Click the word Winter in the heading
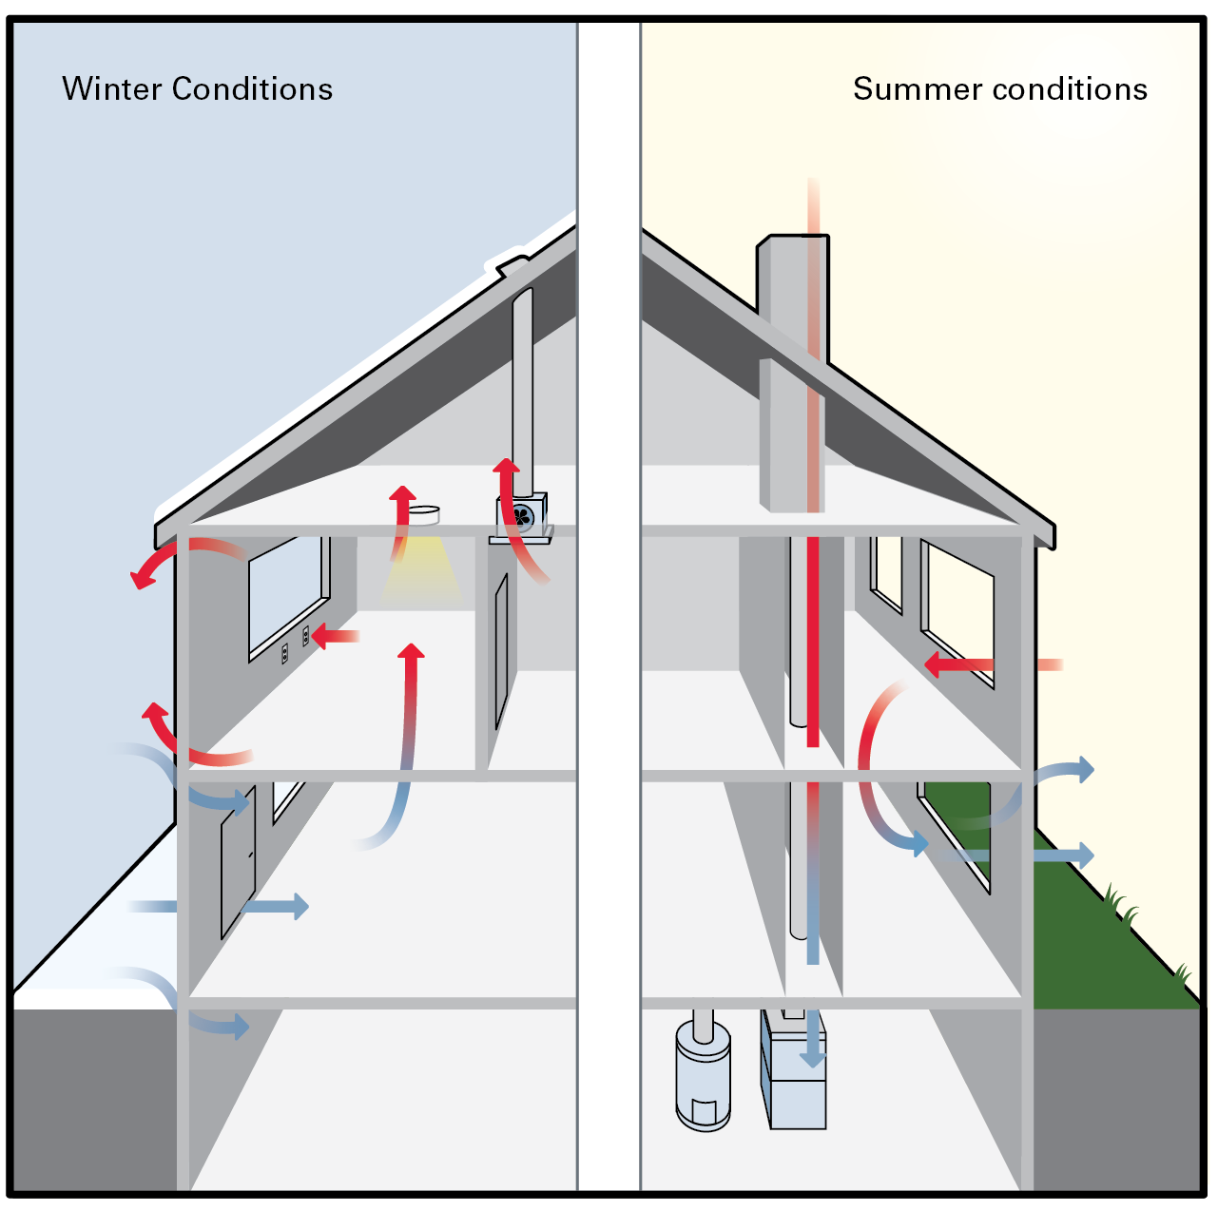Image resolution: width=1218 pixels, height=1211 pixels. tap(112, 89)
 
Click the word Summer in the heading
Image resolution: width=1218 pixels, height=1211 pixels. tap(917, 89)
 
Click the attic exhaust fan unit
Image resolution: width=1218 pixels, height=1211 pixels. tap(521, 515)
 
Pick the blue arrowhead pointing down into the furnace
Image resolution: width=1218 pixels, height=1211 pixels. tap(811, 1057)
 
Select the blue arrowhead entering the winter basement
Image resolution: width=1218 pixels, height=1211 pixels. tap(240, 1026)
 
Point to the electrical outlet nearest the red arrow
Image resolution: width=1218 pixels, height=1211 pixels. tap(306, 636)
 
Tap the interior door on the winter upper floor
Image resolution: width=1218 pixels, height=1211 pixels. tap(501, 651)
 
